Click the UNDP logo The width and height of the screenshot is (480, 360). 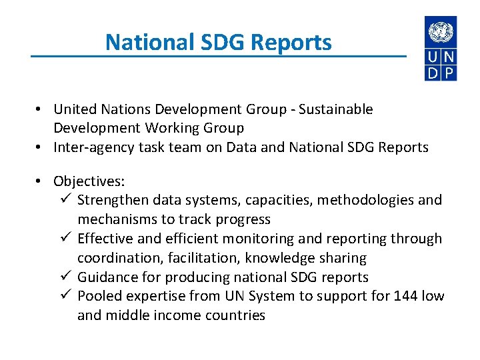coord(441,49)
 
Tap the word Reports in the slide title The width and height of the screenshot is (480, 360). coord(299,43)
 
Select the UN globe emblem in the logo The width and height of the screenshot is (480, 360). coord(441,31)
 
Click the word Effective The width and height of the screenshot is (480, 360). coord(103,239)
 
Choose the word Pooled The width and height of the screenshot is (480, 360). coord(98,296)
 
